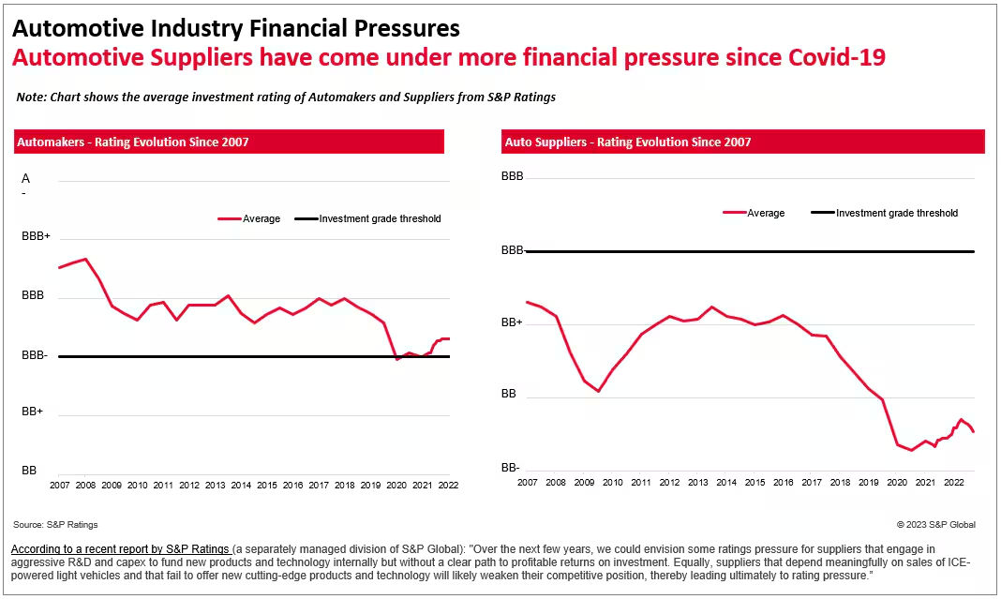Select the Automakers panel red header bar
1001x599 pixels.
tap(229, 142)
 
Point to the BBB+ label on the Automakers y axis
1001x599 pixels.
tap(36, 238)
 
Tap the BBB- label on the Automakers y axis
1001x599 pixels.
tap(36, 356)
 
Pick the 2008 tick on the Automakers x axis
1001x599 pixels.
tap(85, 486)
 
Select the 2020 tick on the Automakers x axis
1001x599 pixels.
tap(396, 486)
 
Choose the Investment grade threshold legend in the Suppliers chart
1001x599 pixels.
tap(884, 213)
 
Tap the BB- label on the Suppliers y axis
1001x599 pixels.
tap(510, 468)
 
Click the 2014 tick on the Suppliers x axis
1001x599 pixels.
tap(726, 483)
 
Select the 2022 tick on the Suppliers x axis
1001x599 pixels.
tap(954, 483)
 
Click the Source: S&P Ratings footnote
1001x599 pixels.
tap(55, 525)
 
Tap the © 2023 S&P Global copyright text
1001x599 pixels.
tap(935, 525)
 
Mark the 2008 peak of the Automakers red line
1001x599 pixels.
tap(85, 259)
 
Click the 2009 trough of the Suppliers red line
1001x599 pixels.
tap(598, 391)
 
